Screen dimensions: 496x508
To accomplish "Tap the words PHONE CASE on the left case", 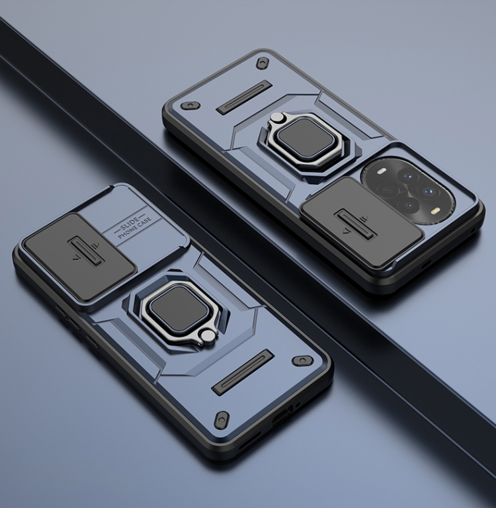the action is pyautogui.click(x=134, y=228).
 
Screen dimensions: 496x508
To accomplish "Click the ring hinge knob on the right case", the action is pyautogui.click(x=276, y=118).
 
